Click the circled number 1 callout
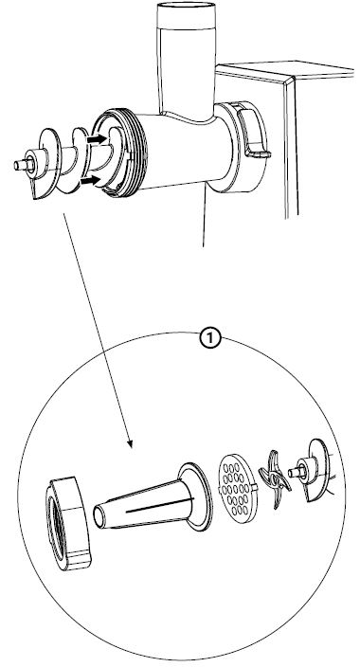click(x=210, y=339)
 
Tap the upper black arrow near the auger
click(x=97, y=138)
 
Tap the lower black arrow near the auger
click(x=91, y=180)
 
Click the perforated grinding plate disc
click(x=239, y=488)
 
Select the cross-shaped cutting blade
click(x=275, y=478)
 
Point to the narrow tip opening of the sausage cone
click(x=99, y=515)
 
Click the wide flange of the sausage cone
click(x=196, y=496)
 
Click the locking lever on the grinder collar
click(x=255, y=133)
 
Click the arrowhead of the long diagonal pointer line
click(x=130, y=442)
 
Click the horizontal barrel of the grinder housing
click(x=183, y=151)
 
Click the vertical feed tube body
click(x=186, y=63)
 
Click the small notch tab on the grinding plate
click(x=255, y=485)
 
